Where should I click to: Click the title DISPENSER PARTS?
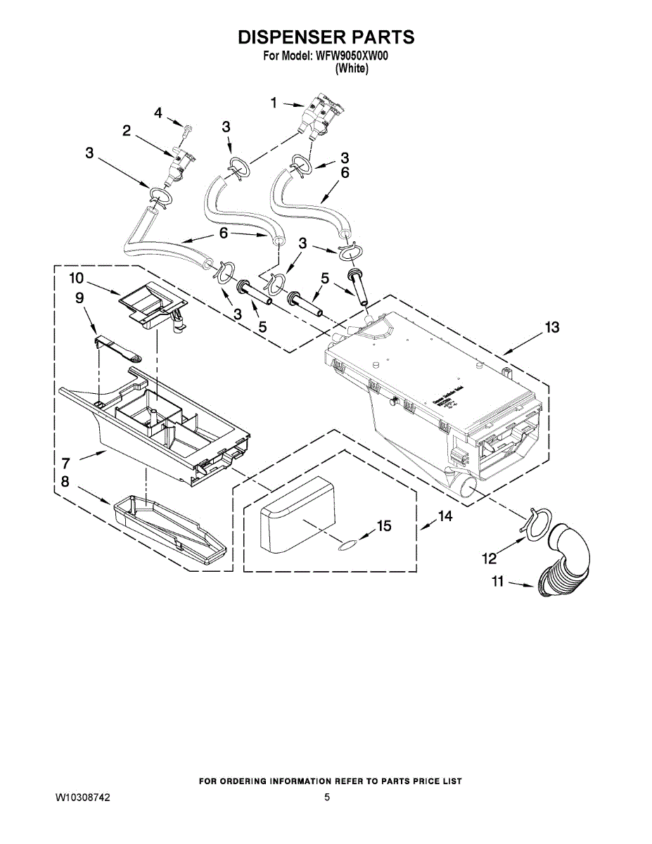tap(326, 37)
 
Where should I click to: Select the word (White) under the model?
tap(352, 68)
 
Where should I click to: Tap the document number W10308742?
tap(83, 798)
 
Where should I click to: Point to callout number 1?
tap(274, 103)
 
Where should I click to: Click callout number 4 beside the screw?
tap(158, 113)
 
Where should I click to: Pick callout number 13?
tap(552, 327)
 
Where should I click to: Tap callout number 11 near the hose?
tap(498, 582)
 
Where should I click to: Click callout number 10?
tap(77, 279)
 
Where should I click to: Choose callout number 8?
tap(65, 482)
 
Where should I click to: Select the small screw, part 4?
tap(186, 132)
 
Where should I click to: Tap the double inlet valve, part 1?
tap(321, 113)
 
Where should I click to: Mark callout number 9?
tap(79, 298)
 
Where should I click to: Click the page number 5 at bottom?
tap(327, 798)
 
